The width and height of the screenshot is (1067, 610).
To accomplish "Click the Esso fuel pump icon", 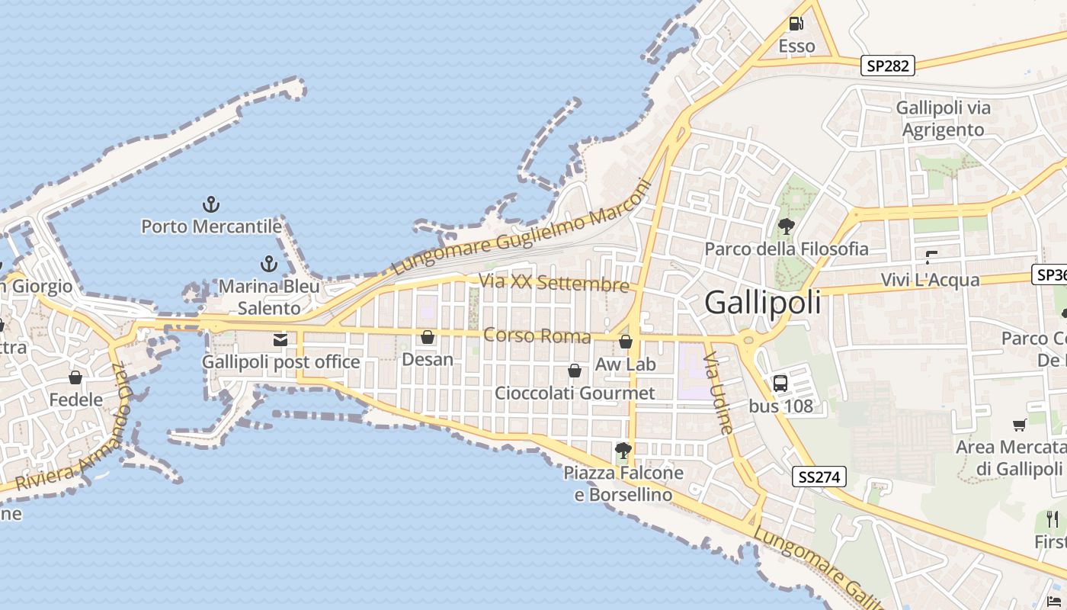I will [796, 24].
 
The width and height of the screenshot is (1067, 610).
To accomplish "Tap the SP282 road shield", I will [888, 66].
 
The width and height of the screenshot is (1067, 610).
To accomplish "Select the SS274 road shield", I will [819, 477].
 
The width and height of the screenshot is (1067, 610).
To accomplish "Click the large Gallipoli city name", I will [763, 303].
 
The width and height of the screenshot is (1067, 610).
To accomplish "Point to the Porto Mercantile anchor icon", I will [211, 204].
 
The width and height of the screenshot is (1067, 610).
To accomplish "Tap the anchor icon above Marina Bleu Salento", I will [268, 264].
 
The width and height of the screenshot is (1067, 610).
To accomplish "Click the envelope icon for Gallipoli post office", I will [280, 340].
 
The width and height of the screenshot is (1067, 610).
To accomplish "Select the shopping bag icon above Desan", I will [428, 337].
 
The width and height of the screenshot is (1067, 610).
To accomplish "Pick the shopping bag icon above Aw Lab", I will [626, 342].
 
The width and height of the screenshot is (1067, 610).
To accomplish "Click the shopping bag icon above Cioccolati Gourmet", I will [575, 371].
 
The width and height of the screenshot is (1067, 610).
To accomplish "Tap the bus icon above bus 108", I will [780, 384].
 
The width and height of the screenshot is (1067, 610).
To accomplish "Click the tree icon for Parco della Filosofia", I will [786, 226].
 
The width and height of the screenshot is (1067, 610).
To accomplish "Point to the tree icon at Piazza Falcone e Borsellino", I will [623, 450].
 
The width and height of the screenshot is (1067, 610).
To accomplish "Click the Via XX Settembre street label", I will [553, 282].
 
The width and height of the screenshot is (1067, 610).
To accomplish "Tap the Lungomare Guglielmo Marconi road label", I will [523, 228].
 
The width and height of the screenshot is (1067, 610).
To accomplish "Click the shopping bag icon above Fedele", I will [75, 377].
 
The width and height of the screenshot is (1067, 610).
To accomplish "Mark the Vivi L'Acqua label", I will [930, 280].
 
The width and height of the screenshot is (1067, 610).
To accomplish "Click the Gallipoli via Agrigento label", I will [944, 118].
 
